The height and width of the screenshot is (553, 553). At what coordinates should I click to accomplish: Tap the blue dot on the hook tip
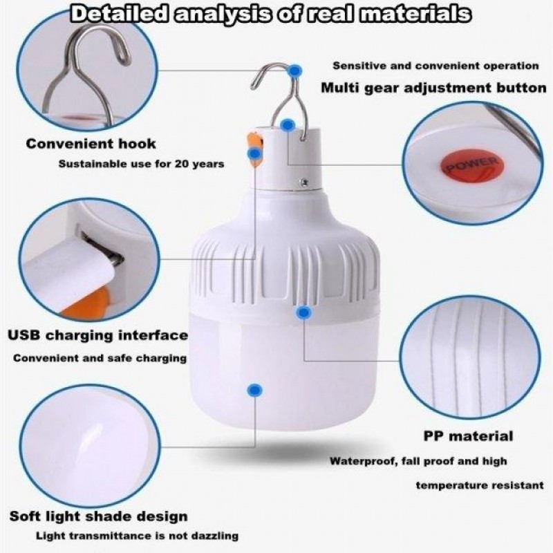pos(294,71)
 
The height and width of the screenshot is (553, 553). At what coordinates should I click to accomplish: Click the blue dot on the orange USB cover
pos(254,153)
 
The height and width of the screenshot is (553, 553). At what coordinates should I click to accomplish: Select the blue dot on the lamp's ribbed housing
pos(303,312)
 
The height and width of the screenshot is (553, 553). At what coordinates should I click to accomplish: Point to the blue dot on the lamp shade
pos(254,390)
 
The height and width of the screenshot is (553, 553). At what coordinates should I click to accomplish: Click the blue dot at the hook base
pos(288,124)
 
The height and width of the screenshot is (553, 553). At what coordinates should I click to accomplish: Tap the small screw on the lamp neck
pos(304,182)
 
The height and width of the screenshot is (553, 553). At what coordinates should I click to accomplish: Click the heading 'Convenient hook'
pos(91,144)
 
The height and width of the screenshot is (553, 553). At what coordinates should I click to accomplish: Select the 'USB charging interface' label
pos(98,335)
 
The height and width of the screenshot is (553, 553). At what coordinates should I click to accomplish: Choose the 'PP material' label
pos(468,436)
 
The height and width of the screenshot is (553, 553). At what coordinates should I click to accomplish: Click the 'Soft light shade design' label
pos(99,516)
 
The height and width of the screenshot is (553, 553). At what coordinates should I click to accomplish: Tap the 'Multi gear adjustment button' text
pos(434,88)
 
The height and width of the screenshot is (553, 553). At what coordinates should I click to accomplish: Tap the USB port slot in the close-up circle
pos(103,247)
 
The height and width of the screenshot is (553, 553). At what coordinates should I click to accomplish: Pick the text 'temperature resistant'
pos(480,486)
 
